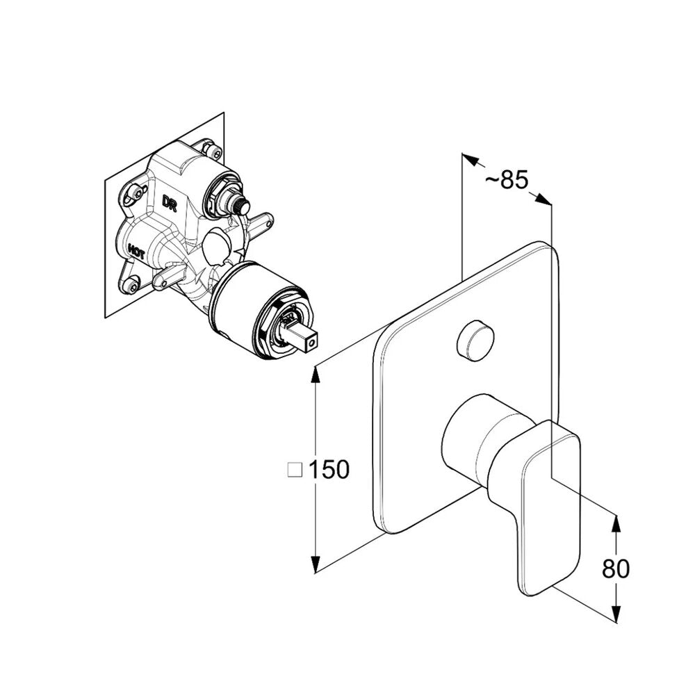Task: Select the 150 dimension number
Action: (x=329, y=469)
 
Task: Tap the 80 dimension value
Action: (x=616, y=569)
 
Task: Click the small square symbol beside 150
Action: (x=295, y=470)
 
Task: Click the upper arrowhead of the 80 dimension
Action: (x=616, y=524)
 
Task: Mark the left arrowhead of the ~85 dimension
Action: (x=471, y=160)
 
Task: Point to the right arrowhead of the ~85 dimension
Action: (x=543, y=198)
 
